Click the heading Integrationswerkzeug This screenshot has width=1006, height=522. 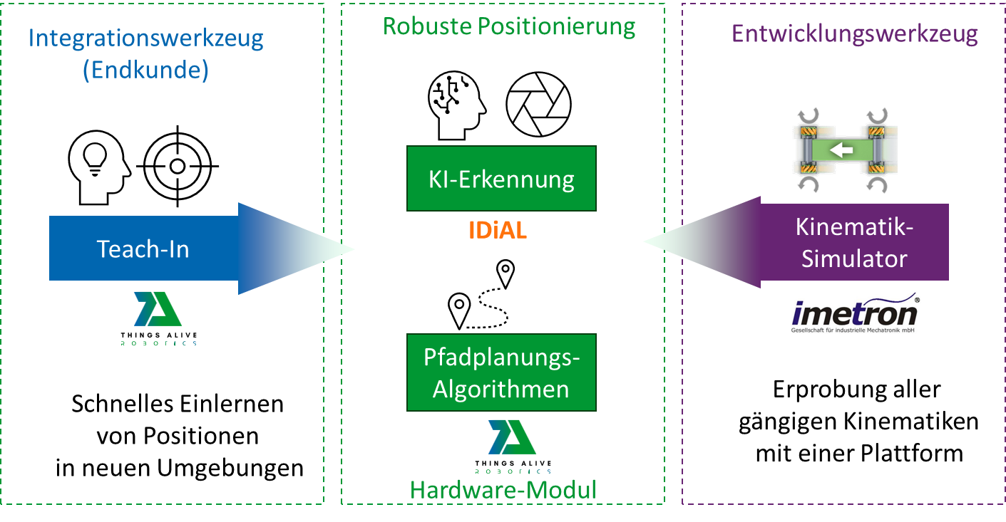tap(145, 38)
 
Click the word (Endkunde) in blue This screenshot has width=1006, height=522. tap(145, 71)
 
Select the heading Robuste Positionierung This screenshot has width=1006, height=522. tap(509, 26)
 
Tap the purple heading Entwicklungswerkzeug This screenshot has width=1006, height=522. tap(855, 34)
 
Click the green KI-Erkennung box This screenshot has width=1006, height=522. tap(501, 179)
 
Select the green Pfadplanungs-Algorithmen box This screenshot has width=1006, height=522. tap(501, 372)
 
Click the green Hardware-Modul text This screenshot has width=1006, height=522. tap(503, 490)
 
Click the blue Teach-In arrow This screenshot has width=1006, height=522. tap(143, 249)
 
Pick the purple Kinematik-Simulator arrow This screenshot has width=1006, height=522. tap(854, 242)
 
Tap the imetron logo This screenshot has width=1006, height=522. tap(854, 312)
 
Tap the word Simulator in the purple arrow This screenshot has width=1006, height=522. tap(854, 258)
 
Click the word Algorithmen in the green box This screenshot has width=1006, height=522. tap(501, 389)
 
